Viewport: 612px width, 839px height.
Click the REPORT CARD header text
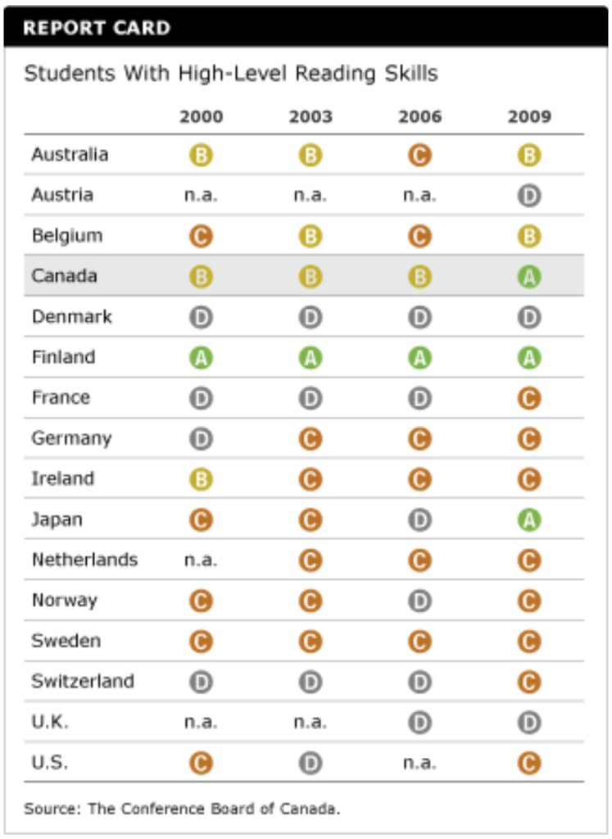coord(96,28)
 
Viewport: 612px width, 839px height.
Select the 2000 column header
coord(201,116)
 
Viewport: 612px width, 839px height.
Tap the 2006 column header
coord(419,116)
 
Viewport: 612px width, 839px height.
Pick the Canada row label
coord(64,276)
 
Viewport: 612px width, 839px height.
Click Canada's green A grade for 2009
coord(529,277)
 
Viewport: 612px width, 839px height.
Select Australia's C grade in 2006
coord(419,156)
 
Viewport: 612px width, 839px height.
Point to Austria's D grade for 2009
coord(529,196)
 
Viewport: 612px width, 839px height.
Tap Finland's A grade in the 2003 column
coord(310,358)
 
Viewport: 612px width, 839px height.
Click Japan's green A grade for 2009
coord(529,520)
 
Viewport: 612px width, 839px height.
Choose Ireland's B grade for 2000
coord(201,479)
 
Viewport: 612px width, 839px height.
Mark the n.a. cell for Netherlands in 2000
coord(201,560)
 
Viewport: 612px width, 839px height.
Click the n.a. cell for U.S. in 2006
coord(419,763)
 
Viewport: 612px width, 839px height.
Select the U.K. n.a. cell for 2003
coord(310,722)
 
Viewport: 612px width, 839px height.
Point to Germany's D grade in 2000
coord(201,439)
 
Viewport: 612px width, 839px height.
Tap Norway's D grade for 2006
coord(419,601)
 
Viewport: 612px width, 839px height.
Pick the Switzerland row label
coord(82,681)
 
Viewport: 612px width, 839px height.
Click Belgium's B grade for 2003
coord(310,237)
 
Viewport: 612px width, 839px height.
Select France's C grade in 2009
coord(529,399)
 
